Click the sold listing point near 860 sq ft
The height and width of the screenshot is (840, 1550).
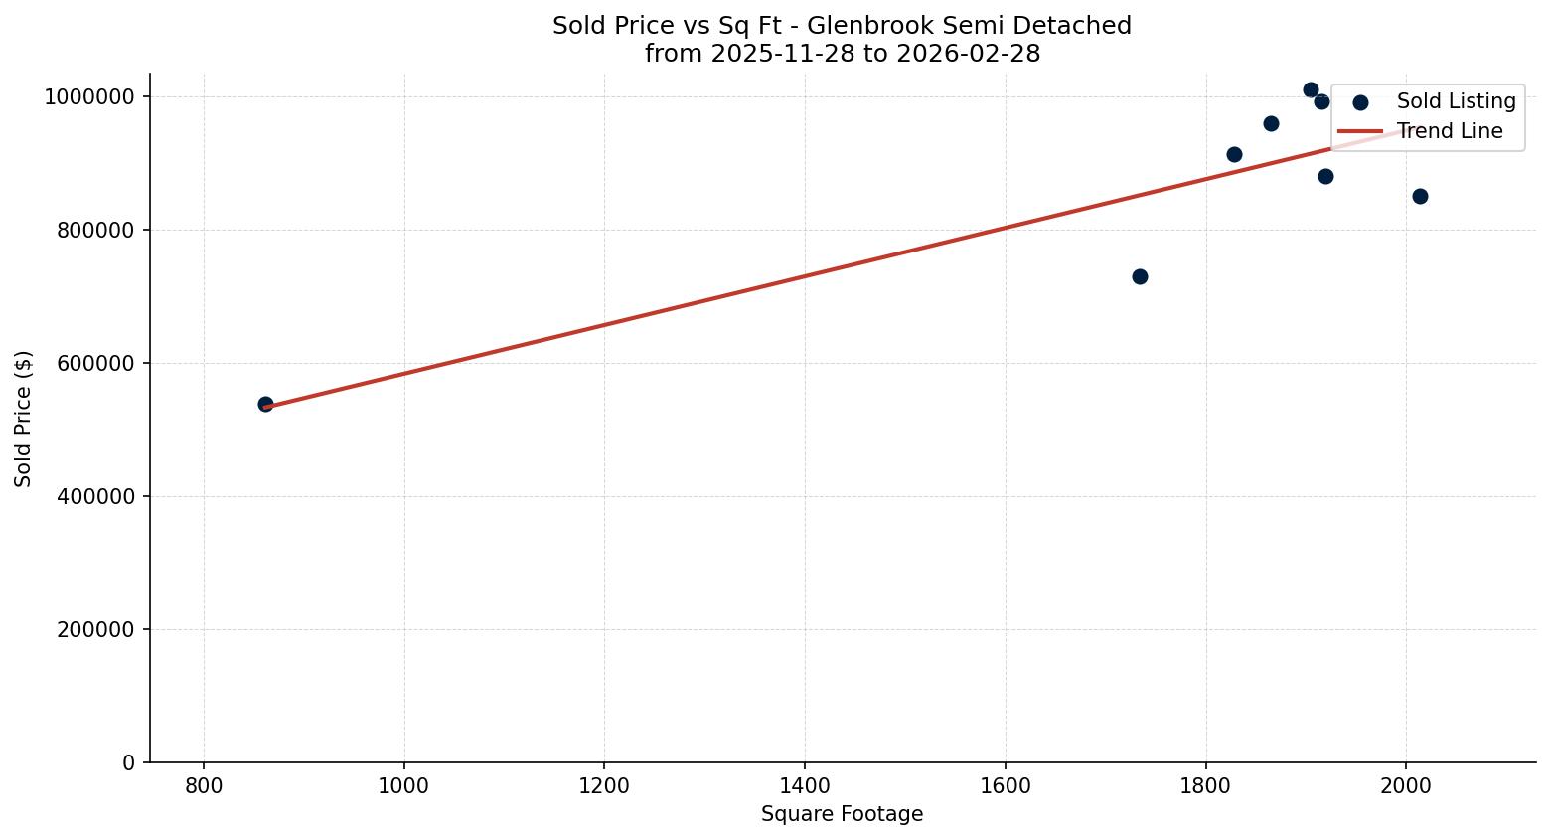265,404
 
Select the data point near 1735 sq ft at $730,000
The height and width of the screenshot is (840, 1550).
1140,276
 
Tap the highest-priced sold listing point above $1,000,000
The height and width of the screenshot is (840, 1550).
1311,89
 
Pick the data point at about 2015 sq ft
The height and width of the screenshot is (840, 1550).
1420,196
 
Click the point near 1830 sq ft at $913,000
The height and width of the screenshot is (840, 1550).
1234,154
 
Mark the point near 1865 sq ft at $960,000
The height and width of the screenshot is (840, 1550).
1271,123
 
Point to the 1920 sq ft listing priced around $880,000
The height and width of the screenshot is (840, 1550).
1325,176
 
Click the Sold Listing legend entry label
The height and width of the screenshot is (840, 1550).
1456,101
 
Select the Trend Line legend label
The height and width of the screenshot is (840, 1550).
1450,131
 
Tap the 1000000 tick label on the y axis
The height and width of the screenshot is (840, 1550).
88,97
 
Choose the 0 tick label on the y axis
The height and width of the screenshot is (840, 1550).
129,763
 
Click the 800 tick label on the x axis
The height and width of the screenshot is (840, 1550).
204,785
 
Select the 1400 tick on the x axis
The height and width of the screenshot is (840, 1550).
804,785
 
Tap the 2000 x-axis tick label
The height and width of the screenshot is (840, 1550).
1405,785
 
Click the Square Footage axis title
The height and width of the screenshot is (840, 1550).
842,815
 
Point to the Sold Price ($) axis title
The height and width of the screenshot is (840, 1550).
24,419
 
